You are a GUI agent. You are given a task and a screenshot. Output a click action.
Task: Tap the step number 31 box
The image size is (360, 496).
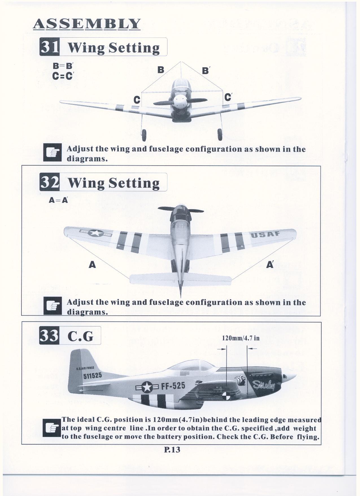click(x=49, y=47)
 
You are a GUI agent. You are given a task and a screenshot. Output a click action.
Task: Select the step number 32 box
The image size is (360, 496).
click(x=49, y=182)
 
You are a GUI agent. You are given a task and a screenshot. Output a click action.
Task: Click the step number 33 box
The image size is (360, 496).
click(x=49, y=335)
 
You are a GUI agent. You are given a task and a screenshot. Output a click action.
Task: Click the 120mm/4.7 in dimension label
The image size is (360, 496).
click(x=241, y=338)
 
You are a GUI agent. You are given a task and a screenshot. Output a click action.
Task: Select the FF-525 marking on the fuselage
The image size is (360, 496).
click(x=173, y=387)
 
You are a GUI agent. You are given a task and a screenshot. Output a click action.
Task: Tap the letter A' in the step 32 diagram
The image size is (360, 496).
click(x=270, y=265)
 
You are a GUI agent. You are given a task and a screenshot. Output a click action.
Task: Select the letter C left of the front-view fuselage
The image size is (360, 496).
click(x=137, y=100)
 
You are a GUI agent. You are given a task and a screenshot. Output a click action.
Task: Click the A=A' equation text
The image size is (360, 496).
click(x=58, y=200)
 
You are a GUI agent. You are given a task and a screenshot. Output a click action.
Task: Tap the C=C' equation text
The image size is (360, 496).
click(x=63, y=76)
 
